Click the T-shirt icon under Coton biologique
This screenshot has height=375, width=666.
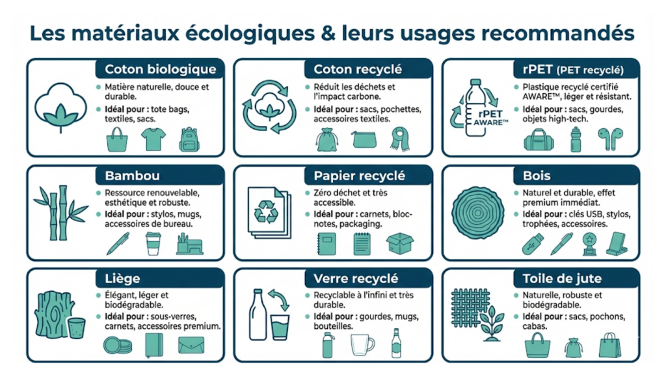(153, 139)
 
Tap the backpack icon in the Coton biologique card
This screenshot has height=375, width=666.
(189, 139)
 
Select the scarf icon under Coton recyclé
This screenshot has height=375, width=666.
(400, 139)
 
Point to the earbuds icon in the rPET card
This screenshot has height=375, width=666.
(610, 139)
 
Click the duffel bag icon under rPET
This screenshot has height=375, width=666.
(539, 139)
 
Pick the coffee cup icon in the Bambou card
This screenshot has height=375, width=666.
(153, 243)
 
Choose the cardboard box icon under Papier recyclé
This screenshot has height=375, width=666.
(400, 243)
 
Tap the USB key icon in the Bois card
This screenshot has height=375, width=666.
(533, 244)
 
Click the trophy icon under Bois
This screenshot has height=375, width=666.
(589, 244)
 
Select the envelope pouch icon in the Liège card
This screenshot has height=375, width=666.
(191, 345)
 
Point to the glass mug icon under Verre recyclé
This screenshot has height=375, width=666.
(362, 345)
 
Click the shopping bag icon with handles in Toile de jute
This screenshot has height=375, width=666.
(610, 345)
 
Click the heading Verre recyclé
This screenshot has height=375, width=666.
(356, 279)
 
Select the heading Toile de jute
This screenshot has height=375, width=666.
(562, 279)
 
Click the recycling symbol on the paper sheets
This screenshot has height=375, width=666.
(266, 212)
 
